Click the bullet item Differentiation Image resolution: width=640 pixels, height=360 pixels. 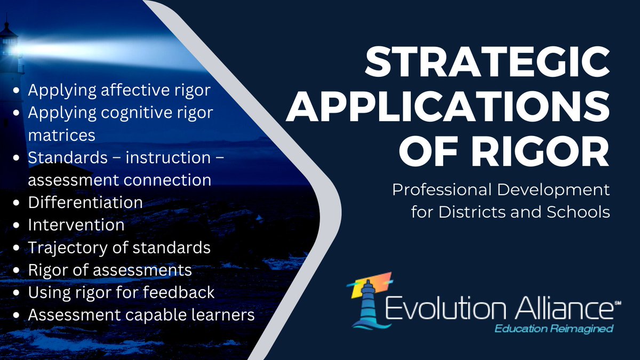pos(85,203)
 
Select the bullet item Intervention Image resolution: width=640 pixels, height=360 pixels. pos(76,225)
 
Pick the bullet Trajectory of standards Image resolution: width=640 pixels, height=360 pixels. pos(119,247)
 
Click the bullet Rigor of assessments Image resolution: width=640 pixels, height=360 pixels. pos(110,270)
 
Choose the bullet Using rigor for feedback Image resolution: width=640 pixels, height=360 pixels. pos(121,292)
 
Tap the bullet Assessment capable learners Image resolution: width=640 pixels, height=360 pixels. pos(141,315)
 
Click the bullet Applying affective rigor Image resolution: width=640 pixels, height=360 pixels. pos(119,90)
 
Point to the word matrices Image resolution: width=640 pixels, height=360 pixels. pos(62,135)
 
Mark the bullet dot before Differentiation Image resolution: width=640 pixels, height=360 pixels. pos(19,203)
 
